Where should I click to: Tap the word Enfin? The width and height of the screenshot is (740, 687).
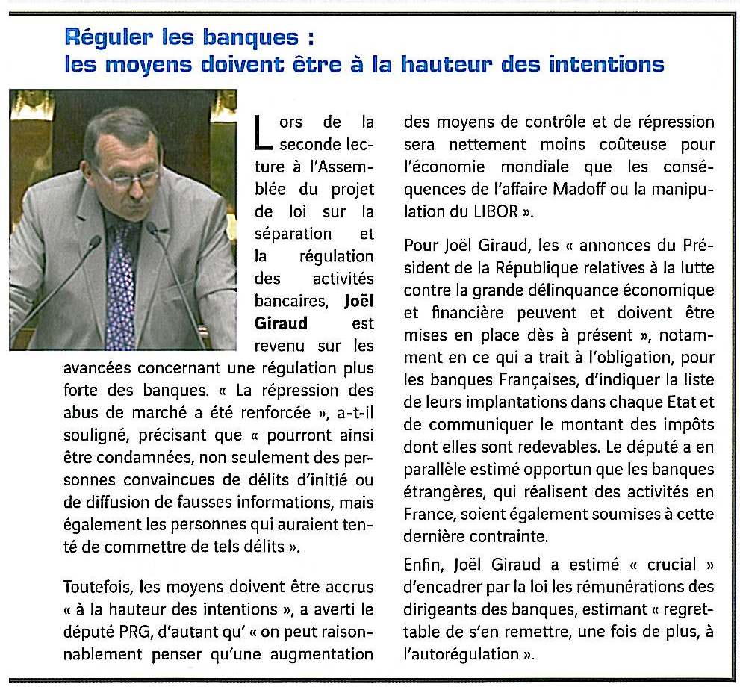tap(421, 565)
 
